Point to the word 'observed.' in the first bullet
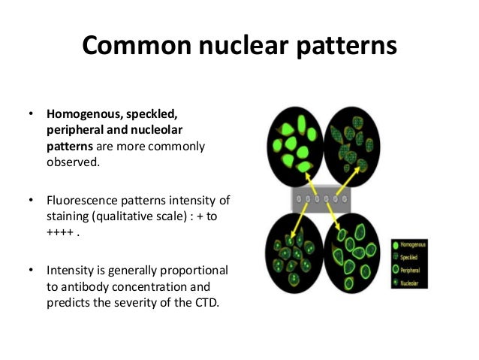[x=73, y=159]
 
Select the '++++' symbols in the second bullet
[x=59, y=231]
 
